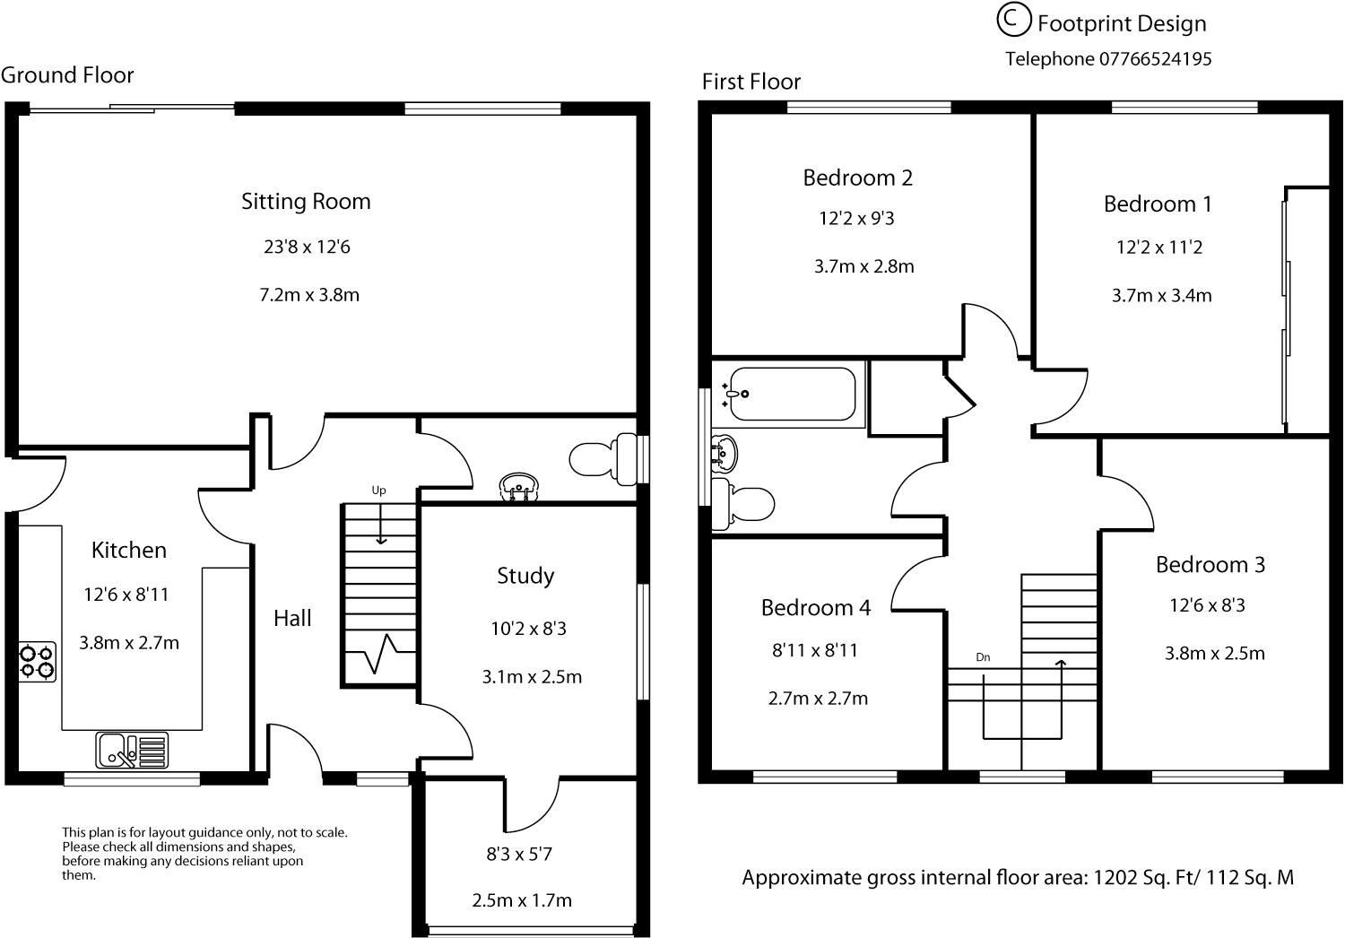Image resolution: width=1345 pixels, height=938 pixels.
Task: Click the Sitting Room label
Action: click(x=306, y=202)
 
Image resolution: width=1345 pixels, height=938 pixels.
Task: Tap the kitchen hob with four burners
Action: click(x=38, y=662)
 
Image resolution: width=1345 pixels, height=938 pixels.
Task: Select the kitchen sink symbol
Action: click(x=132, y=750)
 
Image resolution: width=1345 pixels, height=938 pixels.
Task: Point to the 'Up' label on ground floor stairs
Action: click(x=378, y=491)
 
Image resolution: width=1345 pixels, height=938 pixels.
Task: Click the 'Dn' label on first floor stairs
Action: click(x=983, y=657)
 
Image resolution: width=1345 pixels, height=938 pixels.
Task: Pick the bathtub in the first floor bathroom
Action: click(x=789, y=394)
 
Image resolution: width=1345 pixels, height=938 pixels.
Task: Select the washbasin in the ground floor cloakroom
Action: click(x=519, y=486)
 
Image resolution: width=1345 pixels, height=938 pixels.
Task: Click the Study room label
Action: click(x=525, y=576)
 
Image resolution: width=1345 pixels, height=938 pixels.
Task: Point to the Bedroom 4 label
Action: click(x=815, y=608)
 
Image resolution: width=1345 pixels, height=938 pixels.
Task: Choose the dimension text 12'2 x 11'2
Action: click(x=1158, y=248)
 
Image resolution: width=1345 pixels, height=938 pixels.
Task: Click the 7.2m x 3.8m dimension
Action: click(x=309, y=295)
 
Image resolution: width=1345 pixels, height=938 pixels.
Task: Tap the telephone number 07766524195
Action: click(x=1155, y=59)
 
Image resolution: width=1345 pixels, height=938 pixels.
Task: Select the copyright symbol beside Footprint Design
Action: click(x=1014, y=21)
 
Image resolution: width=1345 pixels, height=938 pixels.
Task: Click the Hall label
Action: click(x=292, y=618)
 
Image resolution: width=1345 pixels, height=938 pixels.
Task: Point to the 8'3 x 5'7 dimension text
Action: click(x=519, y=854)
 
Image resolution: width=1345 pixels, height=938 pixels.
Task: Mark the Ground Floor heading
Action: click(x=67, y=75)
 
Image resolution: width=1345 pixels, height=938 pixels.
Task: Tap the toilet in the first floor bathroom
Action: click(x=742, y=505)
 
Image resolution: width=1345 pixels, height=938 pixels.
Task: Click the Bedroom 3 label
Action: click(x=1210, y=564)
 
